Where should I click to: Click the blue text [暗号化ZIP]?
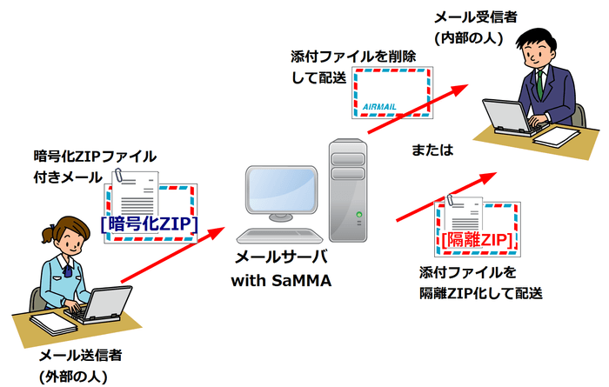pyautogui.click(x=150, y=224)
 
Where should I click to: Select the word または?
pyautogui.click(x=432, y=150)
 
